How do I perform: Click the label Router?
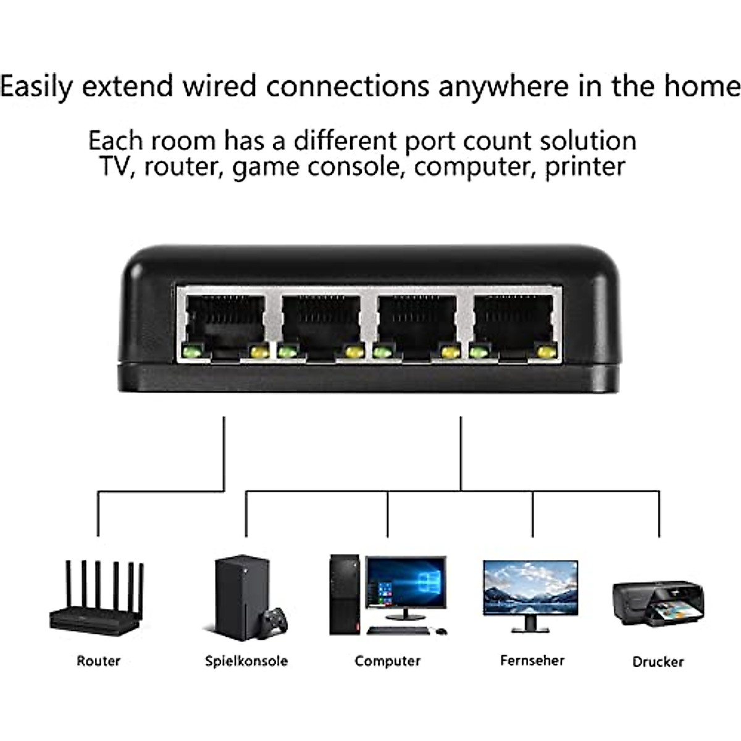[98, 661]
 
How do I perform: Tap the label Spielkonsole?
[246, 661]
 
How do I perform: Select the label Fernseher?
[532, 660]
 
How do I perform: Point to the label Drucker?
[658, 662]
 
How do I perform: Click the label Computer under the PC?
[388, 661]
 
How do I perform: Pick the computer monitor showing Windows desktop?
[406, 588]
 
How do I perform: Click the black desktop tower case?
[345, 595]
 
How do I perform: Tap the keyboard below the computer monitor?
[398, 630]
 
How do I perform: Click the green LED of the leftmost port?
[193, 351]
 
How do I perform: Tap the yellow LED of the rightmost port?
[547, 352]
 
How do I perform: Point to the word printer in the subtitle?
[585, 167]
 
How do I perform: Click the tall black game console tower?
[242, 598]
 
